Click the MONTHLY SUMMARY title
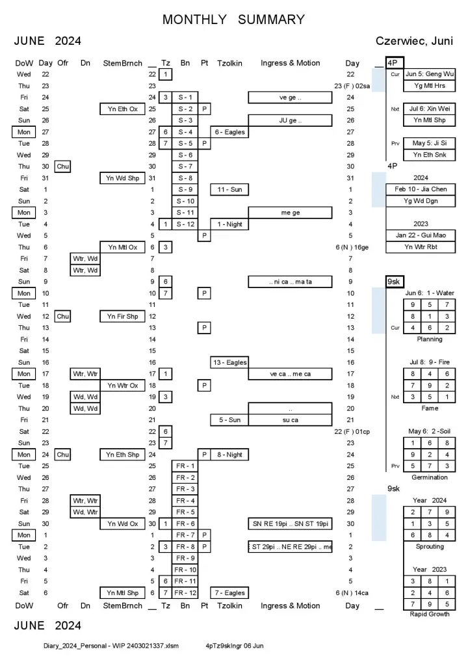(x=233, y=20)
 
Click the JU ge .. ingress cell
(x=290, y=120)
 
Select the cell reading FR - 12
(x=185, y=592)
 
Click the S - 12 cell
(x=185, y=224)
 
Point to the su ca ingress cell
(x=290, y=420)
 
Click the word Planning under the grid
(x=429, y=339)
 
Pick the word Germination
(x=429, y=477)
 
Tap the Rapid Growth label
(x=429, y=614)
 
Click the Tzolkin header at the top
(x=229, y=63)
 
